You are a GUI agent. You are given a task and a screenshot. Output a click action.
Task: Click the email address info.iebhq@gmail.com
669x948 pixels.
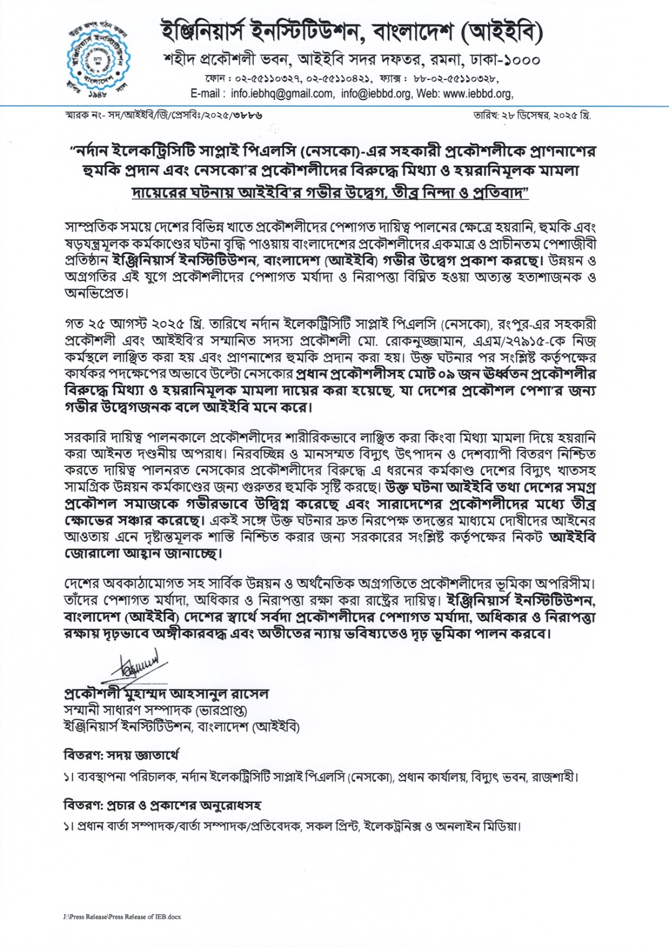282,94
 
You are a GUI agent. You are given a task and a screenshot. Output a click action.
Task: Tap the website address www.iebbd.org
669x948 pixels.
477,94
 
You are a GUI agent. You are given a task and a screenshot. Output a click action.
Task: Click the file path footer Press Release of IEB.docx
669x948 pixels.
121,917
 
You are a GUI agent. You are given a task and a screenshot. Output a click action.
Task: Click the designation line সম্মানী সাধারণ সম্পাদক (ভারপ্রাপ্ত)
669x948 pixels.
155,710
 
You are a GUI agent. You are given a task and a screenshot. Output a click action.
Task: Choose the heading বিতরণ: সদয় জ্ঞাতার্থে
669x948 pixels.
121,755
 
